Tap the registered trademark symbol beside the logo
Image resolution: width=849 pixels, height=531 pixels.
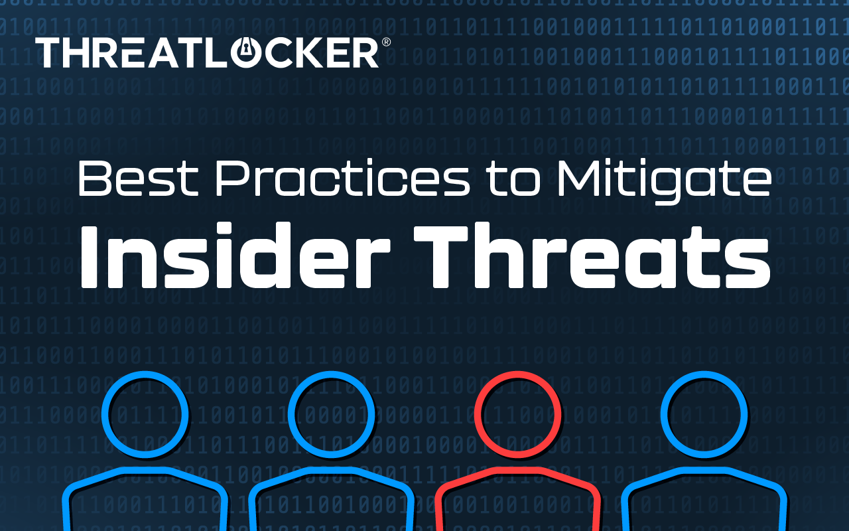386,42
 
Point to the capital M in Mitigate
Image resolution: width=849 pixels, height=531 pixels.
576,178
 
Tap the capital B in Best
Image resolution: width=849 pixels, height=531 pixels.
94,178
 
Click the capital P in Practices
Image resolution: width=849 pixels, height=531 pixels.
231,178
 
